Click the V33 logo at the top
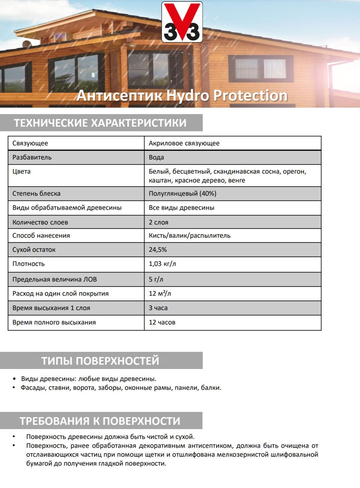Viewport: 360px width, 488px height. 182,22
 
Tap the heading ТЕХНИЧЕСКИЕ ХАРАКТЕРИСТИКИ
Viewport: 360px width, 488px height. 100,123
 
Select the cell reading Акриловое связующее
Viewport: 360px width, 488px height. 184,143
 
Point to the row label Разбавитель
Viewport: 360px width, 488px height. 32,157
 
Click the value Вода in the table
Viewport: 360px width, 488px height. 156,157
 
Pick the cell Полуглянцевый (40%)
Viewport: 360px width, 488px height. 182,194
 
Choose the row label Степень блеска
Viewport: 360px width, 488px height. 36,194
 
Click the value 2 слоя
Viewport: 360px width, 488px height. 159,222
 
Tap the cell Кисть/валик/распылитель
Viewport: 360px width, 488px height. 190,236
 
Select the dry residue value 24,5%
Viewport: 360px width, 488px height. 158,250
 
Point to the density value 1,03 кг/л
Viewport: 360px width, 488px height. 162,264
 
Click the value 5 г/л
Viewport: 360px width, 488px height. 156,279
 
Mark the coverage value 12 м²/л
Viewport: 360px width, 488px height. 160,294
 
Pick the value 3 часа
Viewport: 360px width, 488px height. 158,308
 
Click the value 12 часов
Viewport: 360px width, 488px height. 162,322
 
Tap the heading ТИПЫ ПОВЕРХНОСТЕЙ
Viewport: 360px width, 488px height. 100,361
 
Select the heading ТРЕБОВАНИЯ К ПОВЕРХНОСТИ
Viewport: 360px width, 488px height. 100,421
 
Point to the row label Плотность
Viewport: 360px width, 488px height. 29,264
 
